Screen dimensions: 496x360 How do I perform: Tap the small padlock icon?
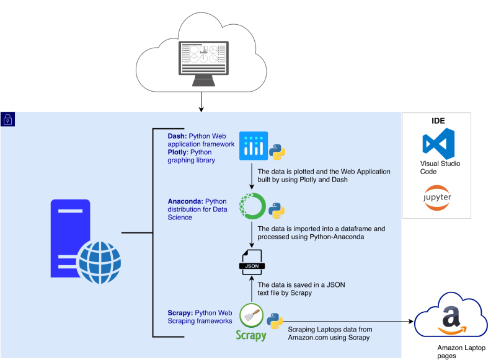[x=7, y=119]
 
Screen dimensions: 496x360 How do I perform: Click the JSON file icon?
[x=252, y=262]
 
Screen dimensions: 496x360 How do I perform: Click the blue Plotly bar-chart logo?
[x=253, y=146]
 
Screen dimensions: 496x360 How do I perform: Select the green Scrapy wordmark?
[x=251, y=335]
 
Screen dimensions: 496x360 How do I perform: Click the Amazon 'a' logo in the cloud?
[x=451, y=319]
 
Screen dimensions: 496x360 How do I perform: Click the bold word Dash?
[x=177, y=136]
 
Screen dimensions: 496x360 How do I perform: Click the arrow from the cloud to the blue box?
[x=201, y=101]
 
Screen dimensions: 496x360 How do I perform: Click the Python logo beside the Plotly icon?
[x=277, y=151]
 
